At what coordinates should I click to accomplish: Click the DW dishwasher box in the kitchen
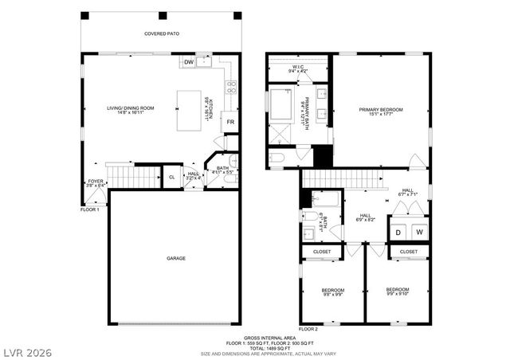[189, 62]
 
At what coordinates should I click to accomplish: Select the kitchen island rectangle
[189, 109]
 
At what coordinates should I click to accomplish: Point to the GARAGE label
[175, 258]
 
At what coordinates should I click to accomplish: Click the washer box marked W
[419, 232]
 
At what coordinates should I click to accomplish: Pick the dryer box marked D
[398, 232]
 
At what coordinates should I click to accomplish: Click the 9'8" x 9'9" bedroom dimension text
[332, 294]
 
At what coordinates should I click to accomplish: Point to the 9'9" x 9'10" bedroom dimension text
[397, 294]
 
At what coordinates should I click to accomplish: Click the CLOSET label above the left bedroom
[322, 252]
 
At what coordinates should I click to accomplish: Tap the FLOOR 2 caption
[308, 328]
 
